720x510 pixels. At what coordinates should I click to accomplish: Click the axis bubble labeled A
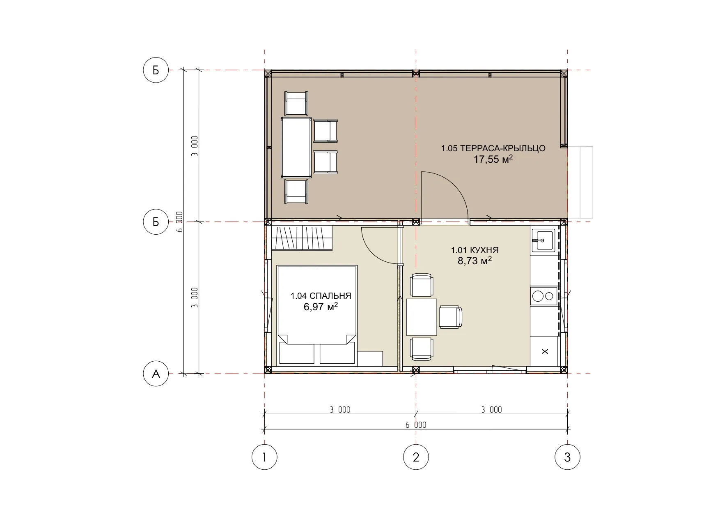[x=156, y=374]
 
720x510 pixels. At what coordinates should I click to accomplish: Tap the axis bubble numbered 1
[x=264, y=457]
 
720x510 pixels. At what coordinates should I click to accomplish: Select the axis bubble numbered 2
[x=416, y=457]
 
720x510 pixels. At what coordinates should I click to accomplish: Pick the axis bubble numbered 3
[x=567, y=457]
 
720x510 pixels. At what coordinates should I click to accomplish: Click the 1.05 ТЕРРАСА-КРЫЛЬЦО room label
[x=493, y=148]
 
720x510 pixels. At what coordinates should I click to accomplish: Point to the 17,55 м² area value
[x=493, y=159]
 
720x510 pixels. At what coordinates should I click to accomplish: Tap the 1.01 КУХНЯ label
[x=475, y=250]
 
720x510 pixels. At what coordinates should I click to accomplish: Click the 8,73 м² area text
[x=475, y=261]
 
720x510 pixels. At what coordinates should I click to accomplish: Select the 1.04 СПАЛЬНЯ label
[x=321, y=296]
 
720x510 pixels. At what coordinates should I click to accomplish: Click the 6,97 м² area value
[x=321, y=307]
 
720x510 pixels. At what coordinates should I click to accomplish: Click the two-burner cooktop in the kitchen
[x=543, y=296]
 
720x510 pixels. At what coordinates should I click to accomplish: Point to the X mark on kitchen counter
[x=545, y=351]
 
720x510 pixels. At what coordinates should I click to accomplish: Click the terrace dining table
[x=296, y=147]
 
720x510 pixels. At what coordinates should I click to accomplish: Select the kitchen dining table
[x=422, y=317]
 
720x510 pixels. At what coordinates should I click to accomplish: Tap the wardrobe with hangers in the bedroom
[x=302, y=238]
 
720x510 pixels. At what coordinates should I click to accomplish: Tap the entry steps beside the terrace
[x=580, y=182]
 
